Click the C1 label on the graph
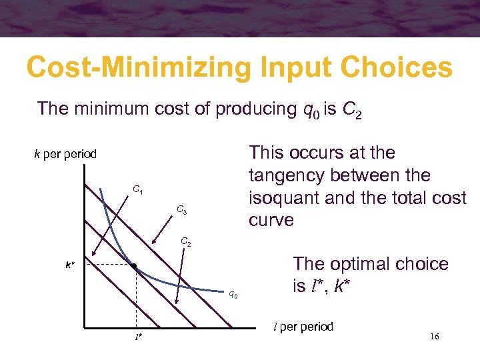[137, 191]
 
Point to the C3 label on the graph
[181, 211]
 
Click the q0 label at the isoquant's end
[233, 293]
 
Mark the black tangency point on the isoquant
[134, 267]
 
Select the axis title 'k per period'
[65, 154]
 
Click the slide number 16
[434, 337]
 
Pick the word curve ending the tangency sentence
[271, 221]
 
